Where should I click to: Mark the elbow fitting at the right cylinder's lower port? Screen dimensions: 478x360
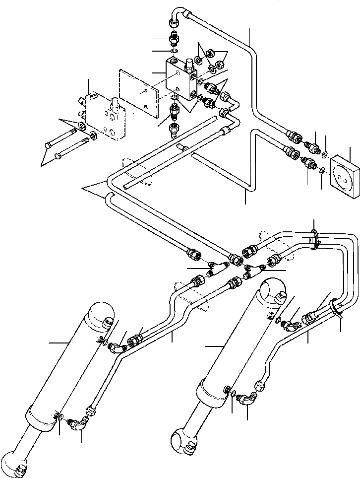[x=246, y=400]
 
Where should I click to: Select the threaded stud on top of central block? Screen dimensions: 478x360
[x=188, y=64]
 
